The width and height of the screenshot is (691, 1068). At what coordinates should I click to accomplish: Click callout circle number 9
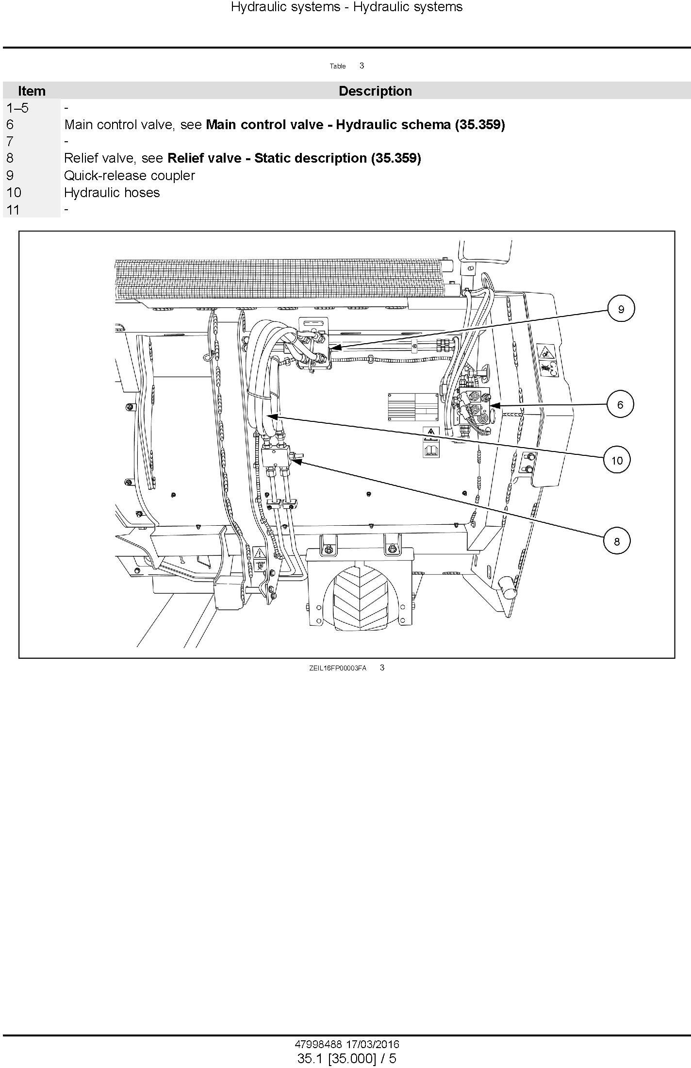pyautogui.click(x=621, y=309)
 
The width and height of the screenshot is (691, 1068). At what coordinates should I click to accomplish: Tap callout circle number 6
pyautogui.click(x=620, y=404)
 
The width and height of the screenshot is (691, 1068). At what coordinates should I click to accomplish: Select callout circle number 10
pyautogui.click(x=617, y=460)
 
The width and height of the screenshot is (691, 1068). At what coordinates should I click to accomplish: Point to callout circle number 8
pyautogui.click(x=617, y=541)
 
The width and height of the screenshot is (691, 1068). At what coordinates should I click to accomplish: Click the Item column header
pyautogui.click(x=32, y=91)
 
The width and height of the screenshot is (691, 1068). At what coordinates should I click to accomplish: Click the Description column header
pyautogui.click(x=375, y=91)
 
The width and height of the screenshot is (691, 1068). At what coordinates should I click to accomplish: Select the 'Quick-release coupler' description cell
pyautogui.click(x=130, y=175)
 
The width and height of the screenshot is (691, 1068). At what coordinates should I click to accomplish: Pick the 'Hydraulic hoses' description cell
pyautogui.click(x=112, y=192)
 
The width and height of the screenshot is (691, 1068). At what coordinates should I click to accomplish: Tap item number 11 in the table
pyautogui.click(x=13, y=209)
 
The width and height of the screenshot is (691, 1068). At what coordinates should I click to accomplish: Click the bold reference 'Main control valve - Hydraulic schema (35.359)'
pyautogui.click(x=356, y=125)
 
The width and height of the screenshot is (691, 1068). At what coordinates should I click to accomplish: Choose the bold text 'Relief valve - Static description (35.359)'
pyautogui.click(x=294, y=158)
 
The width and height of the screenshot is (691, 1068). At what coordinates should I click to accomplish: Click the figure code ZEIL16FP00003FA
pyautogui.click(x=338, y=668)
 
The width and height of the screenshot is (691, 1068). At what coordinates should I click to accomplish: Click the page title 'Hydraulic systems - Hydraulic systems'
pyautogui.click(x=346, y=7)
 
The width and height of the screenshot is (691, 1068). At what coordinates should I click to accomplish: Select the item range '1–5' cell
pyautogui.click(x=17, y=108)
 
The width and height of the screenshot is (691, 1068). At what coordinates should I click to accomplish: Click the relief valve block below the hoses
pyautogui.click(x=275, y=457)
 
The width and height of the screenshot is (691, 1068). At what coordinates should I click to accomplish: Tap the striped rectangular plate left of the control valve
pyautogui.click(x=412, y=407)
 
